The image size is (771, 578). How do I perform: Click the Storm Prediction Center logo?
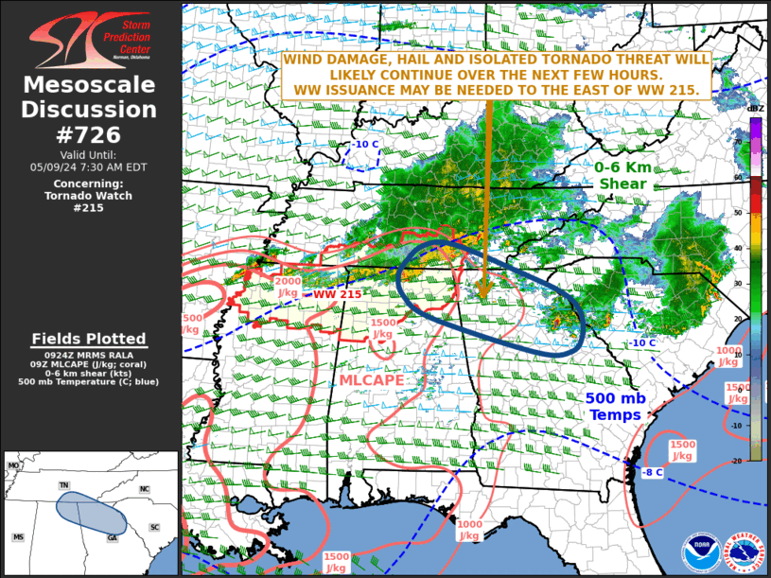pos(90,40)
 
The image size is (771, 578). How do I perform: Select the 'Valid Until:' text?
pos(91,154)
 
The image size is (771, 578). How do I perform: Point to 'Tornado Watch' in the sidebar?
pos(90,196)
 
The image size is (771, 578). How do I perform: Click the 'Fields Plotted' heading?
pos(90,339)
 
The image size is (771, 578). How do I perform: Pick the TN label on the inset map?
pos(64,485)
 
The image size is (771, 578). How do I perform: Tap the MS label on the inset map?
pos(18,537)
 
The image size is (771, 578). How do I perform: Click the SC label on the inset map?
pos(154,527)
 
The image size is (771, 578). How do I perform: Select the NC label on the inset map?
pos(145,489)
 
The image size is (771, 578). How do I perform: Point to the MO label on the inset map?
pos(13,466)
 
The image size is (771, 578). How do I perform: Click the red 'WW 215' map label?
pos(338,294)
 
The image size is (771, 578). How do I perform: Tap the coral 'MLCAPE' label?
pos(372,379)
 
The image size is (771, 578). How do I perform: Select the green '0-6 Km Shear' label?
pos(622,175)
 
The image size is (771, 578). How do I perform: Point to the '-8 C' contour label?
pos(653,471)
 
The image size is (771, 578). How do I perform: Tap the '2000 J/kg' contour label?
pos(289,287)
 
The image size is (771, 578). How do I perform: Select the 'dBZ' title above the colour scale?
pos(755,109)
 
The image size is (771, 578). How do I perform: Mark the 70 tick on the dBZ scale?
pos(737,141)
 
